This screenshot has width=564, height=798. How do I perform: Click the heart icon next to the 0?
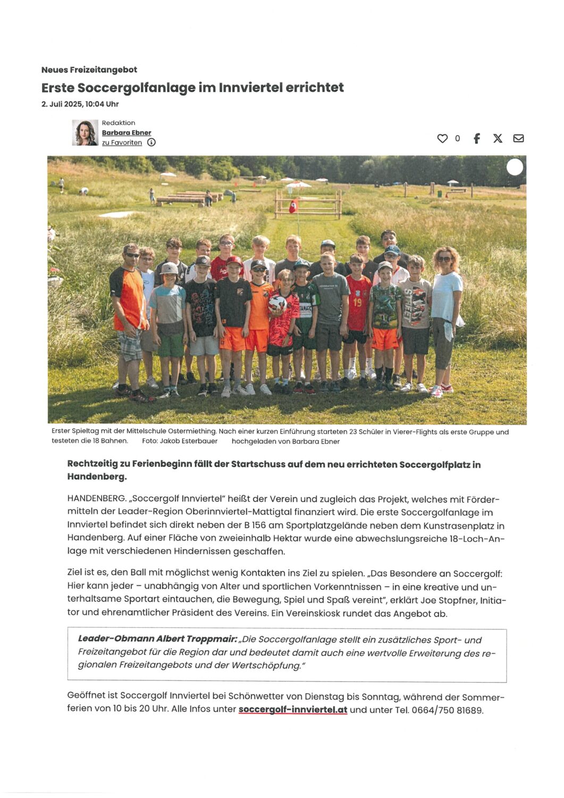442,138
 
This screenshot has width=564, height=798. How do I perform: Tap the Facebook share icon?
477,138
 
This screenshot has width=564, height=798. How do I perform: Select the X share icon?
498,138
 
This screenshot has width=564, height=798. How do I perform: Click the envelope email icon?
518,138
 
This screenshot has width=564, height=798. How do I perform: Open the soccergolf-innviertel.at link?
293,710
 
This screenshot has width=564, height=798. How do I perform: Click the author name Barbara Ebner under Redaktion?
127,132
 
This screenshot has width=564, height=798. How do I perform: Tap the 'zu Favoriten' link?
122,143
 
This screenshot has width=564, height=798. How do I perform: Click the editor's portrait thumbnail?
85,132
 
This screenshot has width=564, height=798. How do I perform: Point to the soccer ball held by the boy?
277,304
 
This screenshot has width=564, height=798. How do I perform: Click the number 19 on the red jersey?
358,302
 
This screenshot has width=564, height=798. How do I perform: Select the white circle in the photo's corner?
515,167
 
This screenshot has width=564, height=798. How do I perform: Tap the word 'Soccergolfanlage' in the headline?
137,87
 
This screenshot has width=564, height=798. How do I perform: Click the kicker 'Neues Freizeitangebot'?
89,70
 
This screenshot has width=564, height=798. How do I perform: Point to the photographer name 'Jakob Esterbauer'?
189,441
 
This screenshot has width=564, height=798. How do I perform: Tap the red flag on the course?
293,206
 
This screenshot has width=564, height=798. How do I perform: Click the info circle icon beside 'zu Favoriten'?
151,143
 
